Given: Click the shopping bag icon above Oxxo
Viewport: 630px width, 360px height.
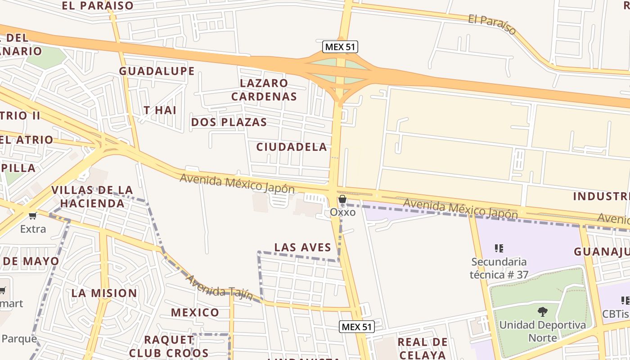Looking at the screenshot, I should pos(342,199).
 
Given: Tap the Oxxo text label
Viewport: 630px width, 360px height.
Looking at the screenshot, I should pos(342,211).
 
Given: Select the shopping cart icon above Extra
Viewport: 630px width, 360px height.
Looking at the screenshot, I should pos(32,216).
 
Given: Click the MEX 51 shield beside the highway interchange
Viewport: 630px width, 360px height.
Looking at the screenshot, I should pos(340,46).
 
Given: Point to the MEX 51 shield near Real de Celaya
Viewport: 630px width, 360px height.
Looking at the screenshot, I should pos(356,327).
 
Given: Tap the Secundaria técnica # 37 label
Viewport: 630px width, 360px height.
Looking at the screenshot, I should pos(499,268).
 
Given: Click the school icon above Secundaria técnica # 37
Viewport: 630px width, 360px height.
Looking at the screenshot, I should pos(499,248).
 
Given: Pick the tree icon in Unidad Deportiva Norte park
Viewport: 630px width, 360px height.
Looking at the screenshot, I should pos(542,311).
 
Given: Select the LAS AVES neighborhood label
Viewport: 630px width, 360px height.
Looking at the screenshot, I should pos(302,247).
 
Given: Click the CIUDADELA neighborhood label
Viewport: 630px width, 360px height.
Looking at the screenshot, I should pos(292,147).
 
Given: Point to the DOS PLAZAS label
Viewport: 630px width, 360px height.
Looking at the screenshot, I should pos(229,122).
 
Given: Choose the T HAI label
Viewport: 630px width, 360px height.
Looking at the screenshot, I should pos(160,110).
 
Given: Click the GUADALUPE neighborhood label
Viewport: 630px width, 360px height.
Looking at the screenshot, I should pos(157,71).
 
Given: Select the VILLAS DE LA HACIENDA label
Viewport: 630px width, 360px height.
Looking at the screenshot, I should pos(92,197).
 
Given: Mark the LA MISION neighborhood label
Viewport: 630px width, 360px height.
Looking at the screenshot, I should pos(104,293).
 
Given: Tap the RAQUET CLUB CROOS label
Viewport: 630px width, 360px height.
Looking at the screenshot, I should pos(169,346).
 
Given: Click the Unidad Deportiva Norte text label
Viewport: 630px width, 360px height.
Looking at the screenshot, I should pos(542,331).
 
